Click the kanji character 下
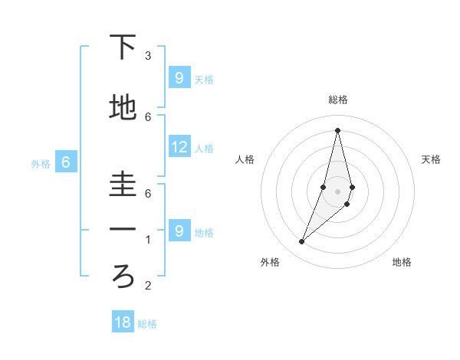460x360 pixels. coord(123,48)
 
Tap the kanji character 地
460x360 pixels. coord(123,108)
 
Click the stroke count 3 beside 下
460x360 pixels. coord(148,56)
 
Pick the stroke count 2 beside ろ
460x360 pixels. coord(148,286)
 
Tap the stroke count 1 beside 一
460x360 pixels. coord(148,240)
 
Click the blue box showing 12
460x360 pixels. coord(179,147)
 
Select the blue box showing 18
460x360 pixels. coord(123,322)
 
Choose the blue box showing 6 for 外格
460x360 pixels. coord(66,162)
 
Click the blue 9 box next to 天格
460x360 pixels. coord(179,77)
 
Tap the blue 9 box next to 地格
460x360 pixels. coord(179,231)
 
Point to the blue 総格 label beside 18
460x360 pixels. coord(147,324)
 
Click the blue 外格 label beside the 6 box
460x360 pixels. coord(41,163)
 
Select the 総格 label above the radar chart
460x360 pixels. coord(337,100)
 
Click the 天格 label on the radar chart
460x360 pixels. coord(432,159)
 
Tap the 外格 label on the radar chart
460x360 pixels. coord(270,262)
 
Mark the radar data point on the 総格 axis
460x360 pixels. coord(337,129)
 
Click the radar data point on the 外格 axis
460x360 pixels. coord(302,242)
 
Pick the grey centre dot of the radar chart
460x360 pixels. coord(337,191)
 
